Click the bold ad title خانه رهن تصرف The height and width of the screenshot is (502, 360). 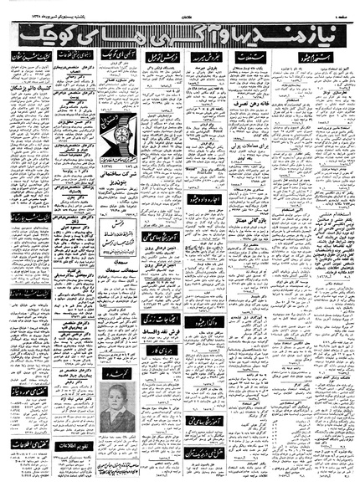[258, 112]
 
